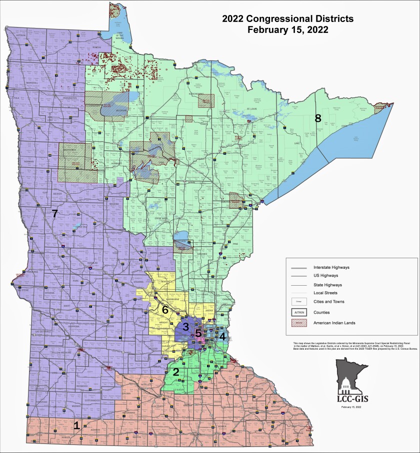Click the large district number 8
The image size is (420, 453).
tap(317, 118)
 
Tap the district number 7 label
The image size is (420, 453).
tap(55, 213)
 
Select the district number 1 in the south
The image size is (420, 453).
tap(76, 426)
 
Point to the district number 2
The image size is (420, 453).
tap(175, 372)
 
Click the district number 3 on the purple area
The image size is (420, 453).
tap(185, 327)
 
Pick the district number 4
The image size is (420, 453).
tap(222, 336)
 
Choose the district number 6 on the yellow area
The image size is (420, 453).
tap(165, 310)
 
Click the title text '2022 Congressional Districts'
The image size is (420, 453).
tap(287, 19)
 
